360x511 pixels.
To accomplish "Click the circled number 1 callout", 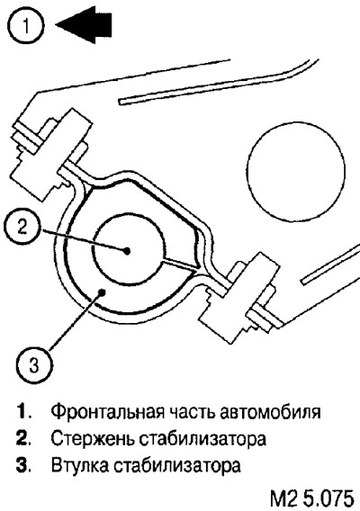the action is (25, 25).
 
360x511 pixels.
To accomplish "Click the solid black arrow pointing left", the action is (84, 25).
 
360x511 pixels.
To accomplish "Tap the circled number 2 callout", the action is (22, 227).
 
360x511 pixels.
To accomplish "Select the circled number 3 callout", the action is (34, 365).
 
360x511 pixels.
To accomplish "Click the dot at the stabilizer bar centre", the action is (127, 251).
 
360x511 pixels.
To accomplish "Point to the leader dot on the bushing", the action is (103, 292).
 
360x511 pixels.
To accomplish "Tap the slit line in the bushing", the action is (180, 264).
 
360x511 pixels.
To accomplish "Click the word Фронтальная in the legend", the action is (107, 412).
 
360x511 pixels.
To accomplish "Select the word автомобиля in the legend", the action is (270, 412).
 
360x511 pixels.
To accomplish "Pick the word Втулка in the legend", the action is (80, 466).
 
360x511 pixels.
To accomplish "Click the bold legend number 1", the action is (22, 412).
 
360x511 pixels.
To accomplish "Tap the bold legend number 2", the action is (22, 439).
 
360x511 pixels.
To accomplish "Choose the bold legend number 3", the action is (22, 466).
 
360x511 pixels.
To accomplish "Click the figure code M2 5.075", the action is (312, 498).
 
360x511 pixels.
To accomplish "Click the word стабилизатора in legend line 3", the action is (177, 466).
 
